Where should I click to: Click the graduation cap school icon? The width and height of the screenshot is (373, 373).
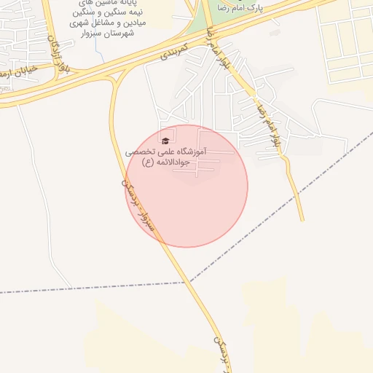pos(165,141)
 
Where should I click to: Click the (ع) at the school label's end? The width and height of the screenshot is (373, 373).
pos(148,163)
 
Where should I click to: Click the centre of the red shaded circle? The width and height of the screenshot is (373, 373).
pos(186,186)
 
